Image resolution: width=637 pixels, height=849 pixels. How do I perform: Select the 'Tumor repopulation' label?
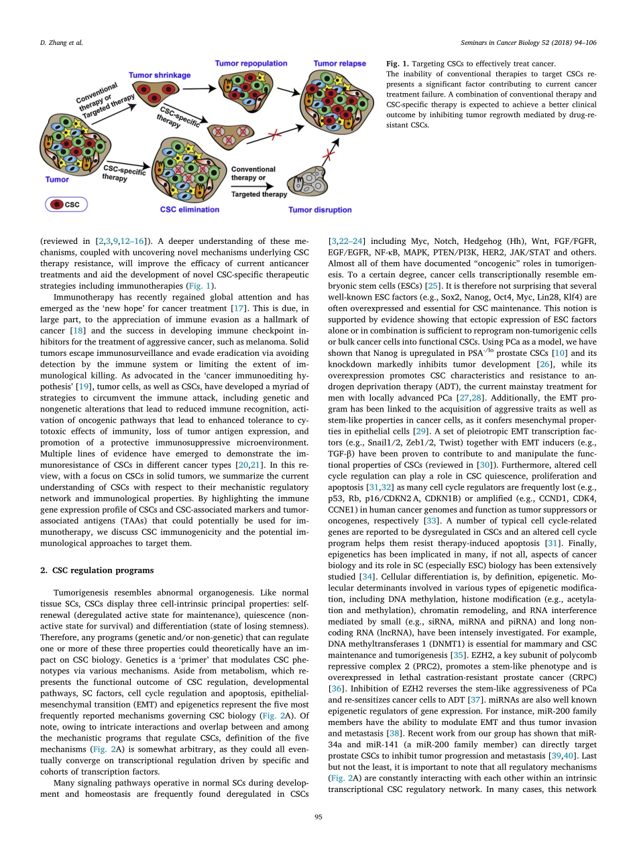click(x=251, y=64)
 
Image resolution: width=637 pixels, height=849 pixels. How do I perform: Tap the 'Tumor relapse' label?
click(x=339, y=64)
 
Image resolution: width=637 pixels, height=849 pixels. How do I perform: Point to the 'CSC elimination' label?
click(x=189, y=210)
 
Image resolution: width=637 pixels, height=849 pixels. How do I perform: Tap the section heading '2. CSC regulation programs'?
click(x=95, y=570)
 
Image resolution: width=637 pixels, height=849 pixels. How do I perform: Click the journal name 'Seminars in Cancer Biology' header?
click(x=531, y=43)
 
